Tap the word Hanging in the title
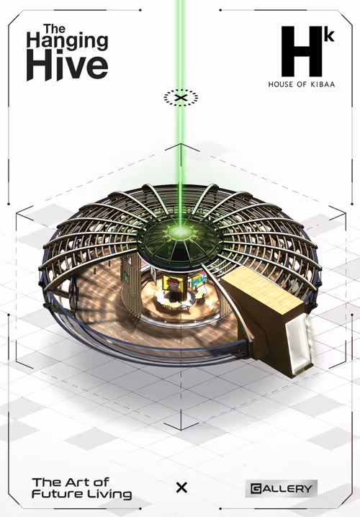coord(67,41)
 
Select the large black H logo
coord(302,51)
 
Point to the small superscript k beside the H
coord(329,35)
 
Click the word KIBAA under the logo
coord(323,84)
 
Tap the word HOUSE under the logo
coord(281,84)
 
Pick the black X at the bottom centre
coord(181,487)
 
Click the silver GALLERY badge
coord(282,488)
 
